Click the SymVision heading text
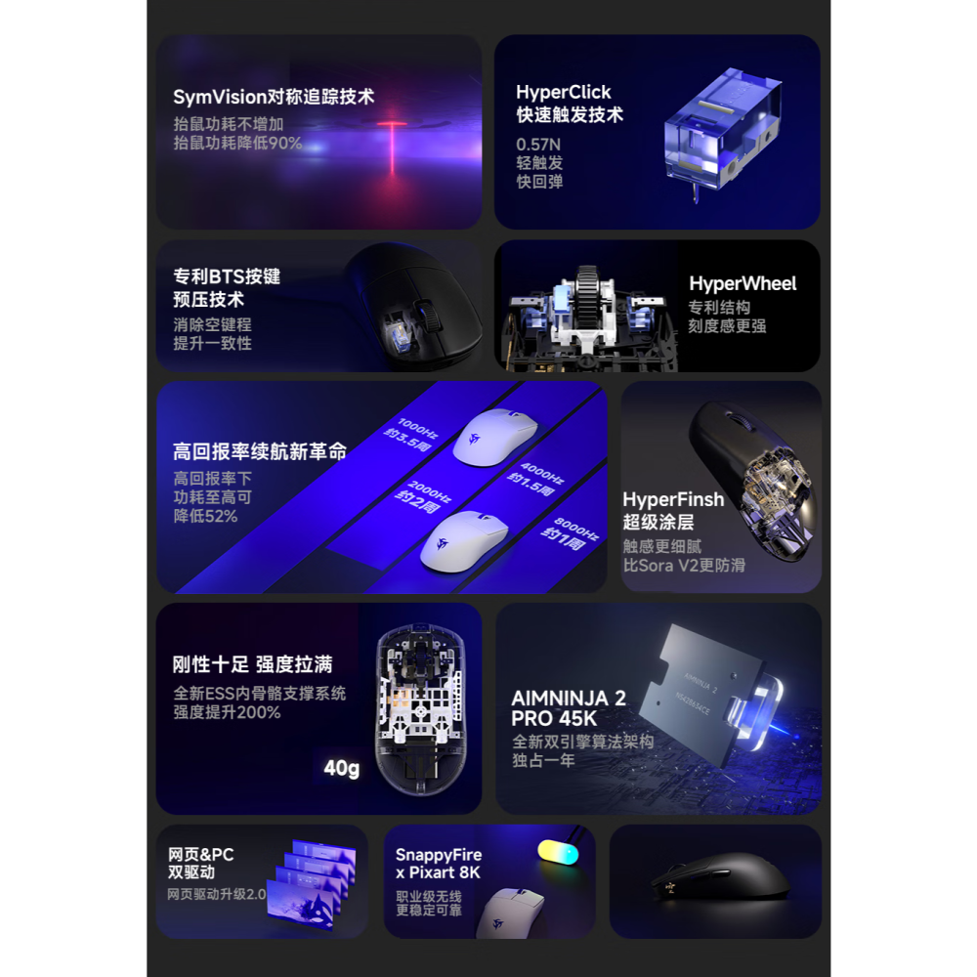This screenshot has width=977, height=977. pyautogui.click(x=274, y=97)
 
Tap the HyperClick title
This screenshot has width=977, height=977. pyautogui.click(x=564, y=92)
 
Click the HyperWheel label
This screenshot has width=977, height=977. pyautogui.click(x=743, y=284)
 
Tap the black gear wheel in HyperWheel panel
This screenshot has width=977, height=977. pyautogui.click(x=587, y=293)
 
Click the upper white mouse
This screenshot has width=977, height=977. pyautogui.click(x=495, y=437)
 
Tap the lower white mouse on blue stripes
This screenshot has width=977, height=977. pyautogui.click(x=464, y=540)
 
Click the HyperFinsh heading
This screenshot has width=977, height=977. pyautogui.click(x=673, y=499)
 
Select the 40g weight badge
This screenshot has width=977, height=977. pyautogui.click(x=341, y=768)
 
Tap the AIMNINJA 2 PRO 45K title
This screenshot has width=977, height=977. pyautogui.click(x=569, y=708)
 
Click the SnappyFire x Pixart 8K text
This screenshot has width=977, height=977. pyautogui.click(x=439, y=864)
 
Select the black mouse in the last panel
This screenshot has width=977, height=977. pyautogui.click(x=718, y=879)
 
